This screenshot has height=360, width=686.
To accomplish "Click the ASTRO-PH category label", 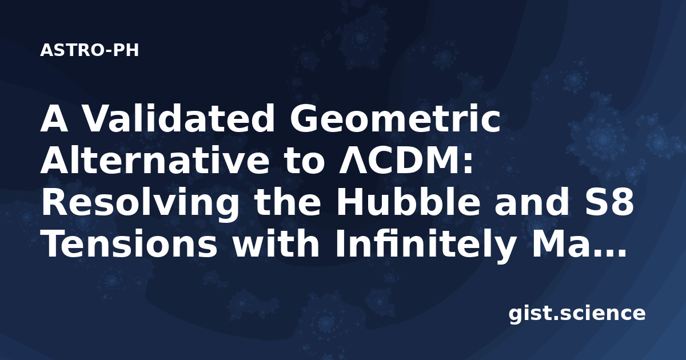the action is (89, 50).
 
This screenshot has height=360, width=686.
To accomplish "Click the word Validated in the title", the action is (179, 118).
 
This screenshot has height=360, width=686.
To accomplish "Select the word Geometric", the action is (396, 118).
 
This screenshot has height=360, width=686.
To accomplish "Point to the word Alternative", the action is (155, 160).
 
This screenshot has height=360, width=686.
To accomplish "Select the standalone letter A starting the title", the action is (54, 118).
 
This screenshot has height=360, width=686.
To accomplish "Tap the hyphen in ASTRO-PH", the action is (108, 51).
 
